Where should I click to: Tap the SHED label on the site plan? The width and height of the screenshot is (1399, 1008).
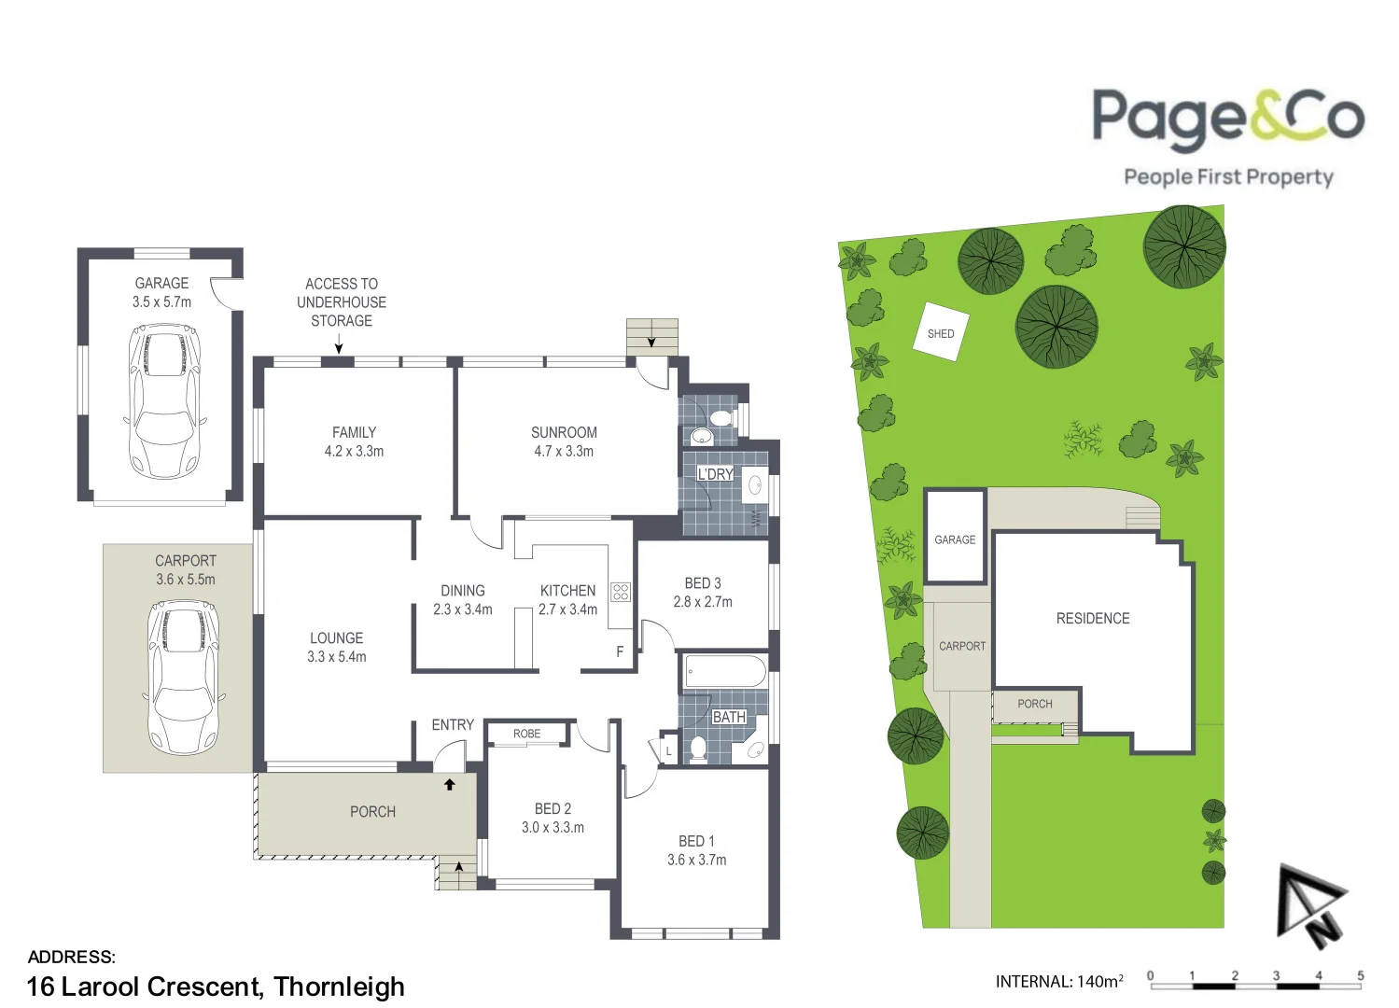click(x=941, y=333)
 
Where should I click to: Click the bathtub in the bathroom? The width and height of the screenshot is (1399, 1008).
click(x=725, y=670)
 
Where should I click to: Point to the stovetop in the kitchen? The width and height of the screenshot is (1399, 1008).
click(x=621, y=591)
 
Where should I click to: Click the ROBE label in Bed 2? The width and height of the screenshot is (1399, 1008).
click(x=526, y=734)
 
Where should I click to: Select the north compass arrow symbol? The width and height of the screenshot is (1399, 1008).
click(x=1311, y=905)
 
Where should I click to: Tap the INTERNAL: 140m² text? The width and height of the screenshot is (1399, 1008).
click(x=1059, y=981)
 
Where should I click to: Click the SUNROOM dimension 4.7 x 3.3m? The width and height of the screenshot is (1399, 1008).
click(x=564, y=451)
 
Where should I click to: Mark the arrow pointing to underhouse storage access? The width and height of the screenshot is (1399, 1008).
click(x=339, y=346)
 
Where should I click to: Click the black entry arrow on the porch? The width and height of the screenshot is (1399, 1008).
click(x=450, y=785)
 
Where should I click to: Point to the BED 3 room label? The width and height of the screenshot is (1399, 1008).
click(x=703, y=582)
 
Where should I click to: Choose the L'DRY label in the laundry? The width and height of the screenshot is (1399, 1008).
click(x=716, y=474)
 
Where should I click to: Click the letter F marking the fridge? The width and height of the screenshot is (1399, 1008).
click(x=620, y=651)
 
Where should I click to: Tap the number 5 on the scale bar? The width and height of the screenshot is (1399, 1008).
click(x=1360, y=975)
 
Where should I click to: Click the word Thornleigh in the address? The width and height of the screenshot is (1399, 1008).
click(x=340, y=987)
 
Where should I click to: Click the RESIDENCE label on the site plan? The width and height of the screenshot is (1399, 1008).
click(x=1093, y=618)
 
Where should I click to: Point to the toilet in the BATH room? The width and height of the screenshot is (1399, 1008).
click(x=697, y=748)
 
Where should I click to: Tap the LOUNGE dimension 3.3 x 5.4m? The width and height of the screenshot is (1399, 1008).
click(x=337, y=656)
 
